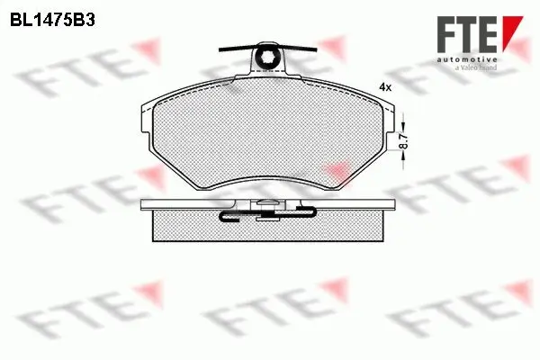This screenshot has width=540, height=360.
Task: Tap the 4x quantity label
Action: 386,87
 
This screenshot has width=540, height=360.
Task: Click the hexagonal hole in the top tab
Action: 269,59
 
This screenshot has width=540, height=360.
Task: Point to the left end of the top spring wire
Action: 220,48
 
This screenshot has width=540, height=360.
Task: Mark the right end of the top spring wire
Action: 318,48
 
